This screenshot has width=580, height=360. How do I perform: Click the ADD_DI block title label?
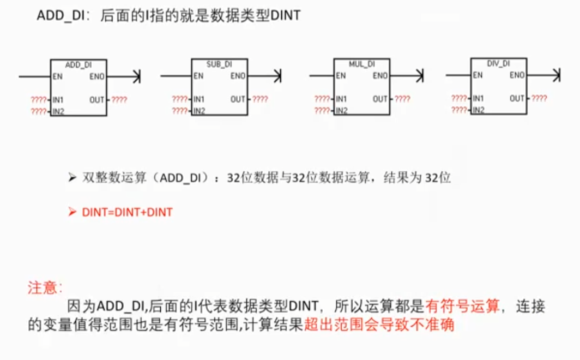point(78,65)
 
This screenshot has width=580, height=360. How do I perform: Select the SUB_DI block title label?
point(219,64)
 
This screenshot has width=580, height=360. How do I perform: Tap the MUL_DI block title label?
point(362,64)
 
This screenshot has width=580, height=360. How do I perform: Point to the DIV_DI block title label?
point(499,64)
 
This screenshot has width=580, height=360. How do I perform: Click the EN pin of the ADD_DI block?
point(57,76)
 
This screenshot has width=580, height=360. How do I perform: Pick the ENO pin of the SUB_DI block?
point(238,76)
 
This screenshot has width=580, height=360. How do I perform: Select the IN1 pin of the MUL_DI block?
point(341,99)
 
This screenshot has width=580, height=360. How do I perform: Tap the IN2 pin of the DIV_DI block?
point(478,110)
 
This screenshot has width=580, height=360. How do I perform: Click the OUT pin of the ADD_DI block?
point(97,100)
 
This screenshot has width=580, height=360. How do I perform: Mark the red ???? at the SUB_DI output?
point(260,99)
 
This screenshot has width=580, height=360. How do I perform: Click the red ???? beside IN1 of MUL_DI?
point(322,99)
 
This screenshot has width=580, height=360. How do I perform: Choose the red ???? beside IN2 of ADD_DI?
point(39,111)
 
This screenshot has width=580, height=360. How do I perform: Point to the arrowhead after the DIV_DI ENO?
point(557,75)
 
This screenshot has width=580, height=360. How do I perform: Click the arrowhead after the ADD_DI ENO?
point(137,76)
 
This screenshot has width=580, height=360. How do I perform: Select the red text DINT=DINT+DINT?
point(127,212)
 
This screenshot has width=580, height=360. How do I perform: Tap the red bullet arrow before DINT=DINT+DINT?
point(72,212)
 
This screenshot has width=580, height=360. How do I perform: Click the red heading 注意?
point(42,287)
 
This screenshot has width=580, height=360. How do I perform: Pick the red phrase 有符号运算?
point(462,306)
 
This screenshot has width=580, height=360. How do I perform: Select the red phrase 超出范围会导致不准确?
point(379,325)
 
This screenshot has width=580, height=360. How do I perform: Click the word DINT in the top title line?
point(286,15)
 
